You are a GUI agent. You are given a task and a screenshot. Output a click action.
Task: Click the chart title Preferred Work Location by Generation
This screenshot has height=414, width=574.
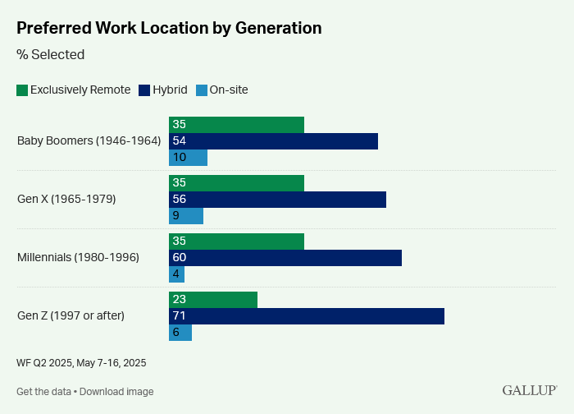[x=168, y=27]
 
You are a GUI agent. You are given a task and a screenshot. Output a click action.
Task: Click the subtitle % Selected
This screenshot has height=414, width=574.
[x=50, y=55]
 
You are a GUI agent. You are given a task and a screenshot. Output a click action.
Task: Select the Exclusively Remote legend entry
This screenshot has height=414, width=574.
[x=74, y=90]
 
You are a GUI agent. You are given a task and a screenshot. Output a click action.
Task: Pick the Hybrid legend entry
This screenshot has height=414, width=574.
[x=163, y=90]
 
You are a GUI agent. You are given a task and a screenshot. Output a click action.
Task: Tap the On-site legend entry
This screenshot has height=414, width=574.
[x=221, y=90]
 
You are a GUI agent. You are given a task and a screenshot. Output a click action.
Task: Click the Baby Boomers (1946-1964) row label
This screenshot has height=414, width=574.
[x=89, y=140]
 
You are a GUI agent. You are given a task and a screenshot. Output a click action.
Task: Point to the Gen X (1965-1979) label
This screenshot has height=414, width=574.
[x=66, y=199]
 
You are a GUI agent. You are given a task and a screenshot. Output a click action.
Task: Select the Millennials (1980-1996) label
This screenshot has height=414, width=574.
[x=78, y=257]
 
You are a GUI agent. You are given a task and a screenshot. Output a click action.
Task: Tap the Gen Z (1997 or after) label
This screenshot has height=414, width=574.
[x=71, y=315]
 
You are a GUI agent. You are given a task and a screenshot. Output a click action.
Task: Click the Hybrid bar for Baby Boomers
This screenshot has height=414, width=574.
[x=273, y=141]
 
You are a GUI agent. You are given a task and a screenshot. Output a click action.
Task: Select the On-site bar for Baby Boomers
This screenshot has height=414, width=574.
[x=188, y=158]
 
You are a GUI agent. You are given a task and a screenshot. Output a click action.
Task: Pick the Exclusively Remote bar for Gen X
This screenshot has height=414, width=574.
[x=236, y=183]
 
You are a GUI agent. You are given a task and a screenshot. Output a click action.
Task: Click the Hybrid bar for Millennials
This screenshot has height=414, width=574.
[x=285, y=258]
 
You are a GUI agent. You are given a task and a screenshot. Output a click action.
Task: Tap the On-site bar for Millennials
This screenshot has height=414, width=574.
[x=176, y=274]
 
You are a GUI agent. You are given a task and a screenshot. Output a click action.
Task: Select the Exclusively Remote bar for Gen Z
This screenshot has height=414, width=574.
[x=213, y=300]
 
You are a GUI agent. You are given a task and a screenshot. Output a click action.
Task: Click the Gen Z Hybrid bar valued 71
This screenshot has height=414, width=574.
[x=307, y=316]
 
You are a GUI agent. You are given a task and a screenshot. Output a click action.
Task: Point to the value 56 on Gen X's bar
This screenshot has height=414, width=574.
[x=179, y=200]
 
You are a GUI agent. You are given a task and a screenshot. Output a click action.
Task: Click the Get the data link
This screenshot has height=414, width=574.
[x=44, y=392]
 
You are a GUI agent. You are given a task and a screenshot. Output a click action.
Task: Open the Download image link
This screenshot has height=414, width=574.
[x=116, y=392]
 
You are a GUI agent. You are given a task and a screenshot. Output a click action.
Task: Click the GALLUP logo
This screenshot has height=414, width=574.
[x=530, y=390]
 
